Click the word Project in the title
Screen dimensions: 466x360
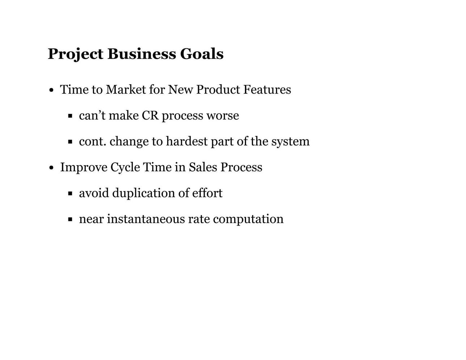pyautogui.click(x=76, y=54)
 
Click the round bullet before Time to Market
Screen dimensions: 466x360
pyautogui.click(x=51, y=90)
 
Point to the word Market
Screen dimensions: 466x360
pyautogui.click(x=126, y=89)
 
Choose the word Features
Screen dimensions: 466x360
pyautogui.click(x=267, y=89)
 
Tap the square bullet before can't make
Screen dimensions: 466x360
pyautogui.click(x=70, y=116)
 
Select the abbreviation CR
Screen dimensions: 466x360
pyautogui.click(x=150, y=116)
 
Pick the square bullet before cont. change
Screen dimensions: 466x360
pyautogui.click(x=70, y=142)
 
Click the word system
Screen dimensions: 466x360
pyautogui.click(x=291, y=142)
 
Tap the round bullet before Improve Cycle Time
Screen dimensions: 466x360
pyautogui.click(x=51, y=168)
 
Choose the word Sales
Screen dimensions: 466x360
pyautogui.click(x=203, y=167)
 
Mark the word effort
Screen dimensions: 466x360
pyautogui.click(x=207, y=193)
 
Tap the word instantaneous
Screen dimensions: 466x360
pyautogui.click(x=146, y=219)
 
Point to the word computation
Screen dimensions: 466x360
pyautogui.click(x=248, y=220)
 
